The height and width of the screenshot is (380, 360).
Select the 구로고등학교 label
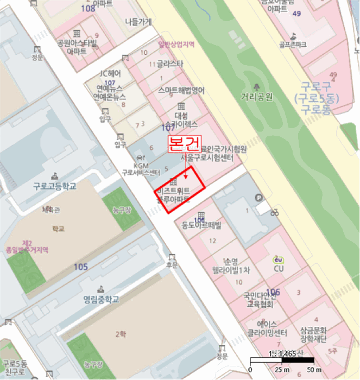[x=54, y=186]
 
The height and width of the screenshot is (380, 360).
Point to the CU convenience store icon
[x=279, y=259]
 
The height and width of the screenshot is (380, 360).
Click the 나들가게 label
[x=138, y=22]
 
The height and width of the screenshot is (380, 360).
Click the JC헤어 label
[x=110, y=73]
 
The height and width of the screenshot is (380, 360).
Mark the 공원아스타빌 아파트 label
[x=77, y=47]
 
